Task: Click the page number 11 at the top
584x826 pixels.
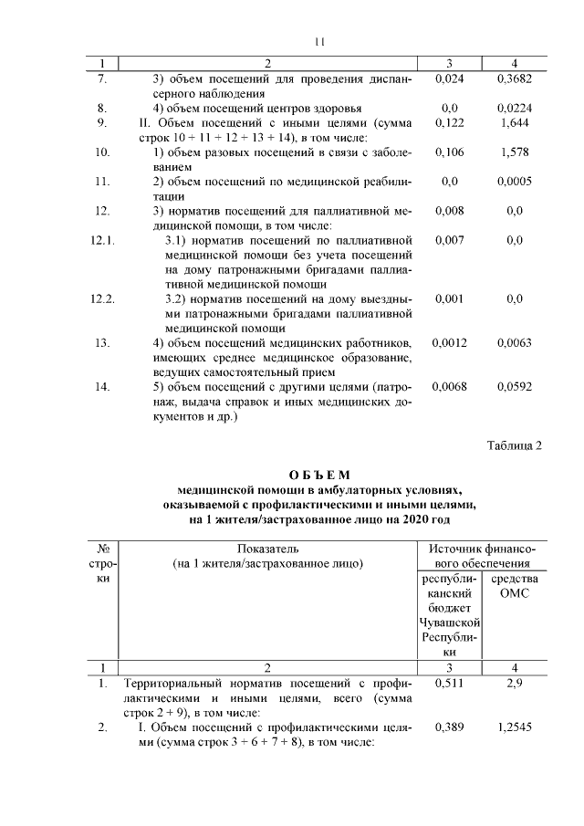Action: [x=318, y=41]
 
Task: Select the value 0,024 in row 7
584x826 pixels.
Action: [x=450, y=79]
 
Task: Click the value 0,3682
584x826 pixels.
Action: [x=515, y=79]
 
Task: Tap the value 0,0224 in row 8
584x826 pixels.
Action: [x=515, y=107]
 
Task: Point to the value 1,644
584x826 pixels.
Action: [x=515, y=121]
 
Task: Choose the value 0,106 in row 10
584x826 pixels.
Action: [x=450, y=152]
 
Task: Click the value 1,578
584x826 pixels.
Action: [x=515, y=152]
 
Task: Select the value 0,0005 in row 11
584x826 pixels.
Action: [x=515, y=182]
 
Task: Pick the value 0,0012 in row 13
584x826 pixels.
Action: [x=450, y=342]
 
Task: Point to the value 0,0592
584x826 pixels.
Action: [x=515, y=386]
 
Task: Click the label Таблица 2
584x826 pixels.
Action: [x=515, y=445]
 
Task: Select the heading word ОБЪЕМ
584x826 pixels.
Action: [x=318, y=475]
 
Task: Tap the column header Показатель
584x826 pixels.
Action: [x=267, y=549]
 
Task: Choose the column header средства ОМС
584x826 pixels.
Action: [x=515, y=586]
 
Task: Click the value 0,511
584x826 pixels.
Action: [x=450, y=683]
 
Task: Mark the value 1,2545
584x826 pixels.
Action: [x=515, y=727]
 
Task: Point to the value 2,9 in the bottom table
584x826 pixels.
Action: [x=515, y=683]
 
